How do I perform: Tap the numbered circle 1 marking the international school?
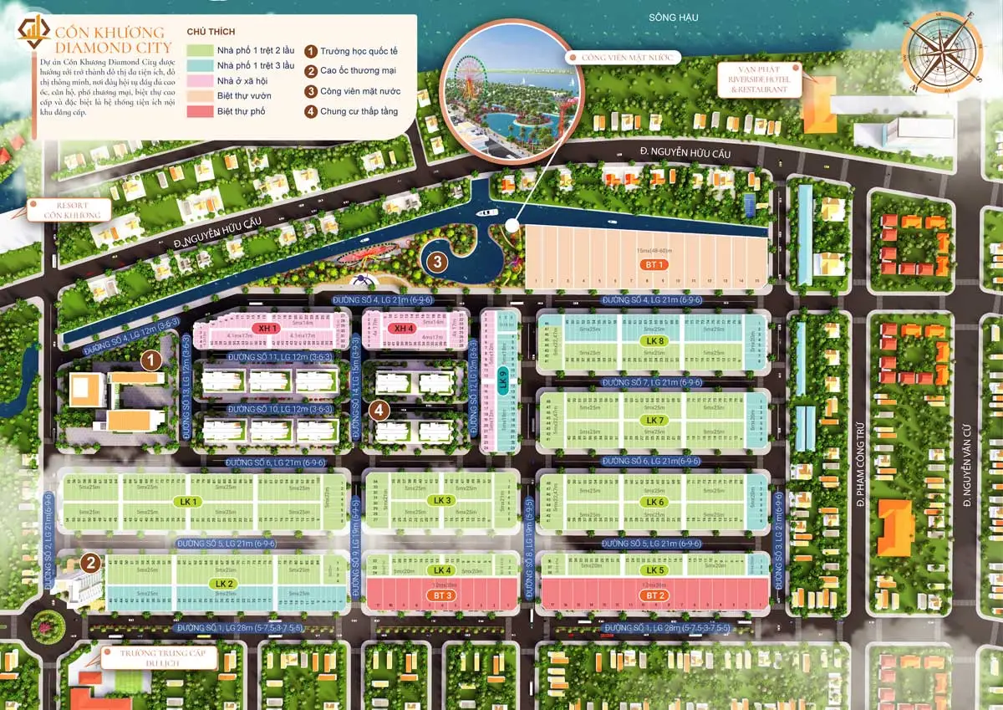tap(150, 360)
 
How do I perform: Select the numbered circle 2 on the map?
tap(91, 563)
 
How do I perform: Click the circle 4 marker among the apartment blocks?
tap(379, 410)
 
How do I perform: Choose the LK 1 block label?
tap(188, 502)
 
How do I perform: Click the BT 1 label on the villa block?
tap(654, 264)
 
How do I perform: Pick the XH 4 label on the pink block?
tap(405, 329)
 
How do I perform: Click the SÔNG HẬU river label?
tap(673, 18)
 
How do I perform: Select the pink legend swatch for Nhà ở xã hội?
tap(200, 80)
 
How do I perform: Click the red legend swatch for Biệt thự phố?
tap(200, 110)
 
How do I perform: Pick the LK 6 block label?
tap(654, 502)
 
